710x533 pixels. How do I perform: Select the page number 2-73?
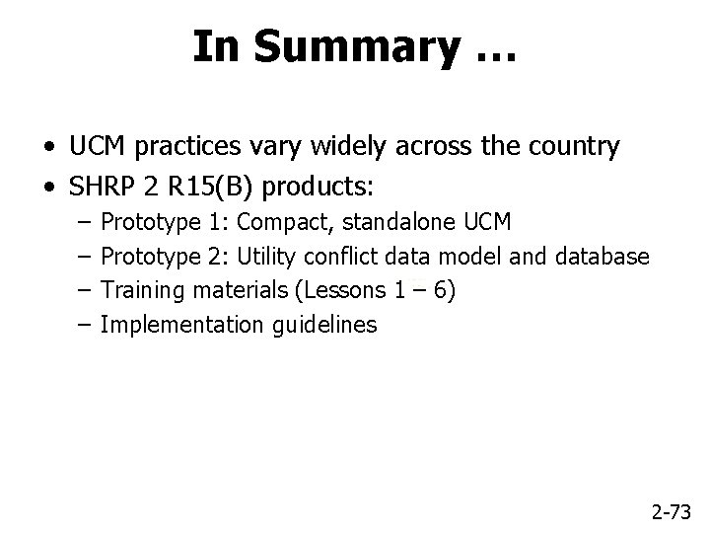672,510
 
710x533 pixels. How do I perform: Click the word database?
602,257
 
